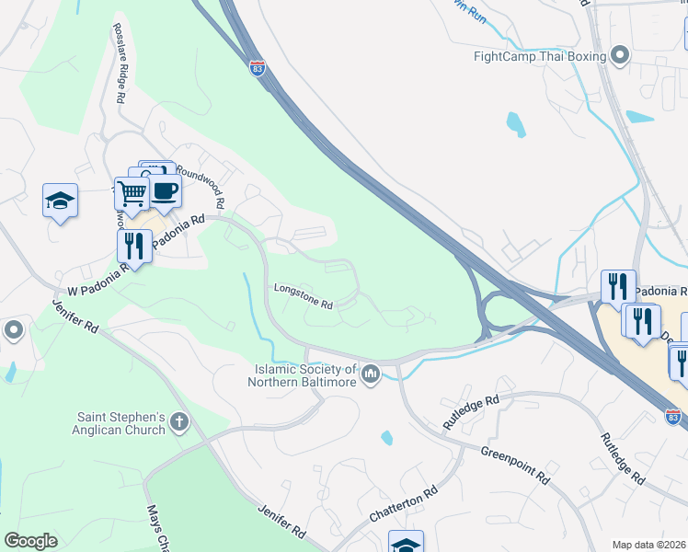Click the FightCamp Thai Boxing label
539,56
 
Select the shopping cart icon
132,192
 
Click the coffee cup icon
164,190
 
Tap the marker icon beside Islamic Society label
371,374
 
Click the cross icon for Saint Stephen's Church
178,423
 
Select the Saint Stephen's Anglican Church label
120,423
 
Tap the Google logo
30,541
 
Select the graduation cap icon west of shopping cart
60,200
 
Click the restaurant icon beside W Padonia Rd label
134,246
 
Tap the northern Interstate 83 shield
258,68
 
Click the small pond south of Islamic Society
387,438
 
